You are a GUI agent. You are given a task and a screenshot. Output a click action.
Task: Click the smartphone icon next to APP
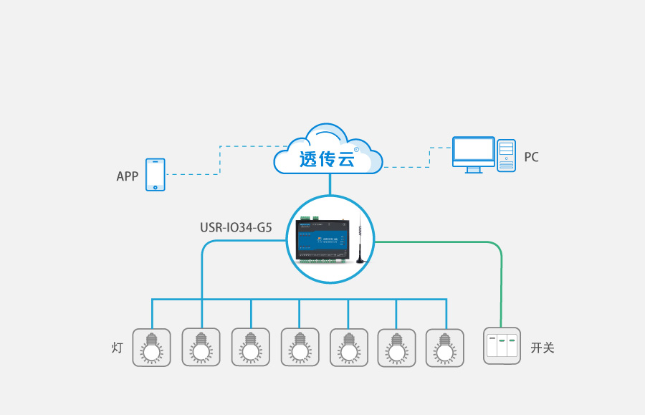(156, 175)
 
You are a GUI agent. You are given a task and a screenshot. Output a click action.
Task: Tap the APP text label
(127, 176)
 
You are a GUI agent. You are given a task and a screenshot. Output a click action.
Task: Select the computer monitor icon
(473, 153)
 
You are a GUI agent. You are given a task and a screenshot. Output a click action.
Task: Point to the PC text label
(531, 157)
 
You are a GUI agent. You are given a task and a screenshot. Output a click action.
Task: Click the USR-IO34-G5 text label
(236, 229)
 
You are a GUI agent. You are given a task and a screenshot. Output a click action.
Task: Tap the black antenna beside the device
(358, 244)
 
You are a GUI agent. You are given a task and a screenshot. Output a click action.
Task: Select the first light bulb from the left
(151, 348)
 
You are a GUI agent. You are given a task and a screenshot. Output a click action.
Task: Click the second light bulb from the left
(201, 348)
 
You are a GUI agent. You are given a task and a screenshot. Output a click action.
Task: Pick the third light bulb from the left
(250, 348)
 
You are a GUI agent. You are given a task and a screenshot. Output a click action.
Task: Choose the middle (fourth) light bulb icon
(299, 348)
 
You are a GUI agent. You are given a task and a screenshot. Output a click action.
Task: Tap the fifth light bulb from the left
(348, 348)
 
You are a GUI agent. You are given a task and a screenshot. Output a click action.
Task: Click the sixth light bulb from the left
(396, 348)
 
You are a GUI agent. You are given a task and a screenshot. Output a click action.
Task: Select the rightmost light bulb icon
(445, 348)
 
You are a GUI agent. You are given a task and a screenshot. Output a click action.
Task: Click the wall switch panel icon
(501, 346)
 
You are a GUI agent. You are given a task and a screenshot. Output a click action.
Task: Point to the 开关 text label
(542, 348)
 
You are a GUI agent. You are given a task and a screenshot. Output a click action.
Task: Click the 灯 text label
(118, 348)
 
